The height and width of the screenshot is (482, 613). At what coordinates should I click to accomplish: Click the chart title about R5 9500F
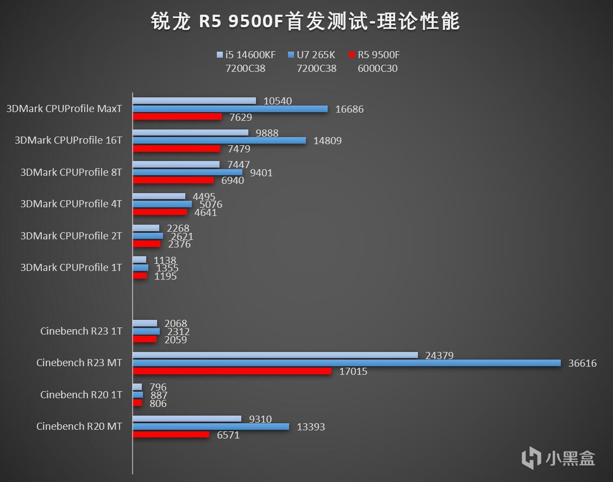305,22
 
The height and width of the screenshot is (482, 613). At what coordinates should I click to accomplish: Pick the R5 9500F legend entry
377,55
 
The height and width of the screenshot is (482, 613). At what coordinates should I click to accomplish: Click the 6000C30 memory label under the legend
377,69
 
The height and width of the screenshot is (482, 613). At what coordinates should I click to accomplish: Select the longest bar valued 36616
347,363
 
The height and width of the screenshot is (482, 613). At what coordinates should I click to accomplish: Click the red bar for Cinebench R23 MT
232,371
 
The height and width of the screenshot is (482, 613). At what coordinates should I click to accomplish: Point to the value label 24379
440,355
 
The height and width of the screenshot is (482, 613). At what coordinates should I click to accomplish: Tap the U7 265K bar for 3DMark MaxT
230,109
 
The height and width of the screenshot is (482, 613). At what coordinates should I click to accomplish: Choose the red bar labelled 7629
177,116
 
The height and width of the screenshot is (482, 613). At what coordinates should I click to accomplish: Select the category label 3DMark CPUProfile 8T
71,172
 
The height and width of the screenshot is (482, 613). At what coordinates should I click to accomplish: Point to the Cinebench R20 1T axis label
81,395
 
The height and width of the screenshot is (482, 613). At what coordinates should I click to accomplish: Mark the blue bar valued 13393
211,427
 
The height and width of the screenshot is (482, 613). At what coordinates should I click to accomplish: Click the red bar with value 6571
171,435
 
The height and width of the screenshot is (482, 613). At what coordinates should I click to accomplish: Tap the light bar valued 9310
187,419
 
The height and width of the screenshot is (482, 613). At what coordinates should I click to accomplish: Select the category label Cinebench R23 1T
81,331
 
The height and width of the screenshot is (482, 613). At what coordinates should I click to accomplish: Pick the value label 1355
167,268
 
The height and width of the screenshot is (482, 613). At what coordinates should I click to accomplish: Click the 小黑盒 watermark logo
558,458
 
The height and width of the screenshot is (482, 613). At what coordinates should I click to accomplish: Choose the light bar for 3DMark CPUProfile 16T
191,133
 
